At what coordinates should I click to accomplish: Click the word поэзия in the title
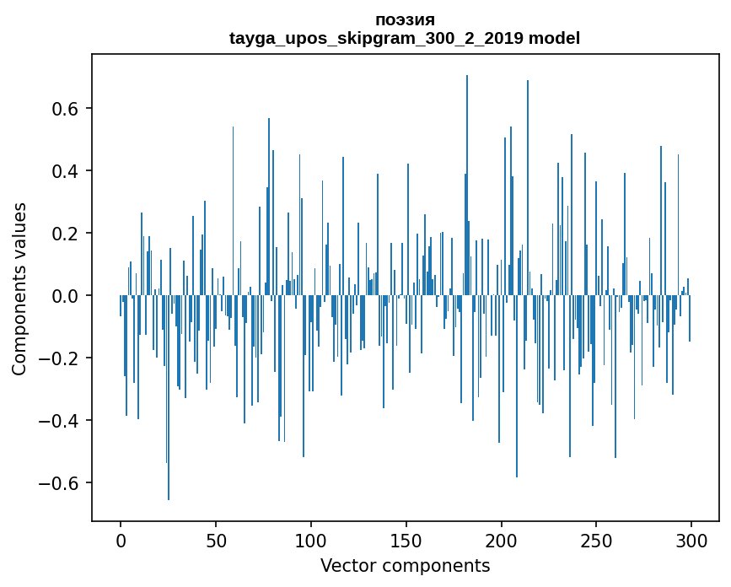405,20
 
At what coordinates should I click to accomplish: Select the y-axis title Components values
19,288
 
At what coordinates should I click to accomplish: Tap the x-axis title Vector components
405,565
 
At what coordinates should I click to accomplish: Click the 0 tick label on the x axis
121,540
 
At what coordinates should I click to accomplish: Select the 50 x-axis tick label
216,540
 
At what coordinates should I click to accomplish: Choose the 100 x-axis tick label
311,540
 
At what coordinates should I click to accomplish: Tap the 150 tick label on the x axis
406,540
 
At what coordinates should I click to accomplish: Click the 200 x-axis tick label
502,540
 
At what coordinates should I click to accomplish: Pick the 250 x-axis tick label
597,540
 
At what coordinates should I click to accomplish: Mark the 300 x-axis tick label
692,540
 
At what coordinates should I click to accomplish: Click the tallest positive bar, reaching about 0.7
467,186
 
